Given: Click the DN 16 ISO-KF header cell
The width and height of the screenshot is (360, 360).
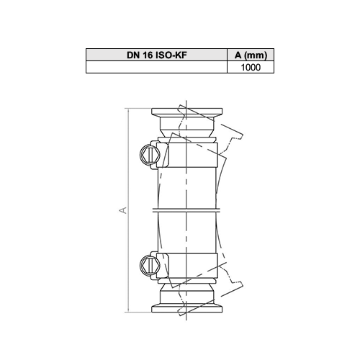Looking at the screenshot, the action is [x=156, y=55].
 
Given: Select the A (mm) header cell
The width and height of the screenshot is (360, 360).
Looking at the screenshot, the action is [x=251, y=55].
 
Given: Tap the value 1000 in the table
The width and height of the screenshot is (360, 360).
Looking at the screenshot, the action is [x=251, y=67].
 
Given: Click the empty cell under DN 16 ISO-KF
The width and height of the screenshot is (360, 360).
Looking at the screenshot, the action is [x=156, y=67].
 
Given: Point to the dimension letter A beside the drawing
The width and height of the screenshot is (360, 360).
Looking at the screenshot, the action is [x=123, y=210].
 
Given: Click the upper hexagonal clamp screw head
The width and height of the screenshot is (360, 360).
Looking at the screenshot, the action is [x=150, y=155].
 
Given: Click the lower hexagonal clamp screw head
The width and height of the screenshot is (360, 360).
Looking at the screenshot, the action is [x=150, y=265].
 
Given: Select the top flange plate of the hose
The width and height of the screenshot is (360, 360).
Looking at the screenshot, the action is [x=187, y=112].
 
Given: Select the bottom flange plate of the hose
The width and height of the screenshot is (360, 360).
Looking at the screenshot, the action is [x=187, y=309].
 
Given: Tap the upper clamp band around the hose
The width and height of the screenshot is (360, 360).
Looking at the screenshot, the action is [x=187, y=155].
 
